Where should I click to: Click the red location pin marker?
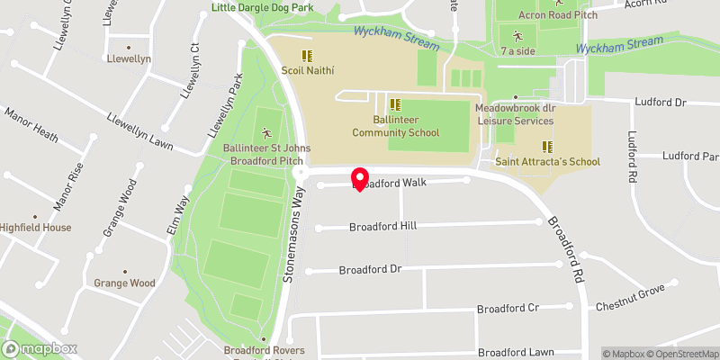coord(360,178)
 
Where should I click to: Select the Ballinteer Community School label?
coord(395,126)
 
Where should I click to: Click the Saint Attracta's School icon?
coord(546,147)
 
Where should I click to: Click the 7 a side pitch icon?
coord(517,37)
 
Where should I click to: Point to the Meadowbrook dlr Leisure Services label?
coord(516,113)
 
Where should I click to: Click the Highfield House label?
coord(36,228)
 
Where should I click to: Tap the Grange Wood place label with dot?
coord(124,283)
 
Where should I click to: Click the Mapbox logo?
coord(39,348)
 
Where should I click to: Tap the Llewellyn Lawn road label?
coord(139,130)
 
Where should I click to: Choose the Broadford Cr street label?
coord(508,308)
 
